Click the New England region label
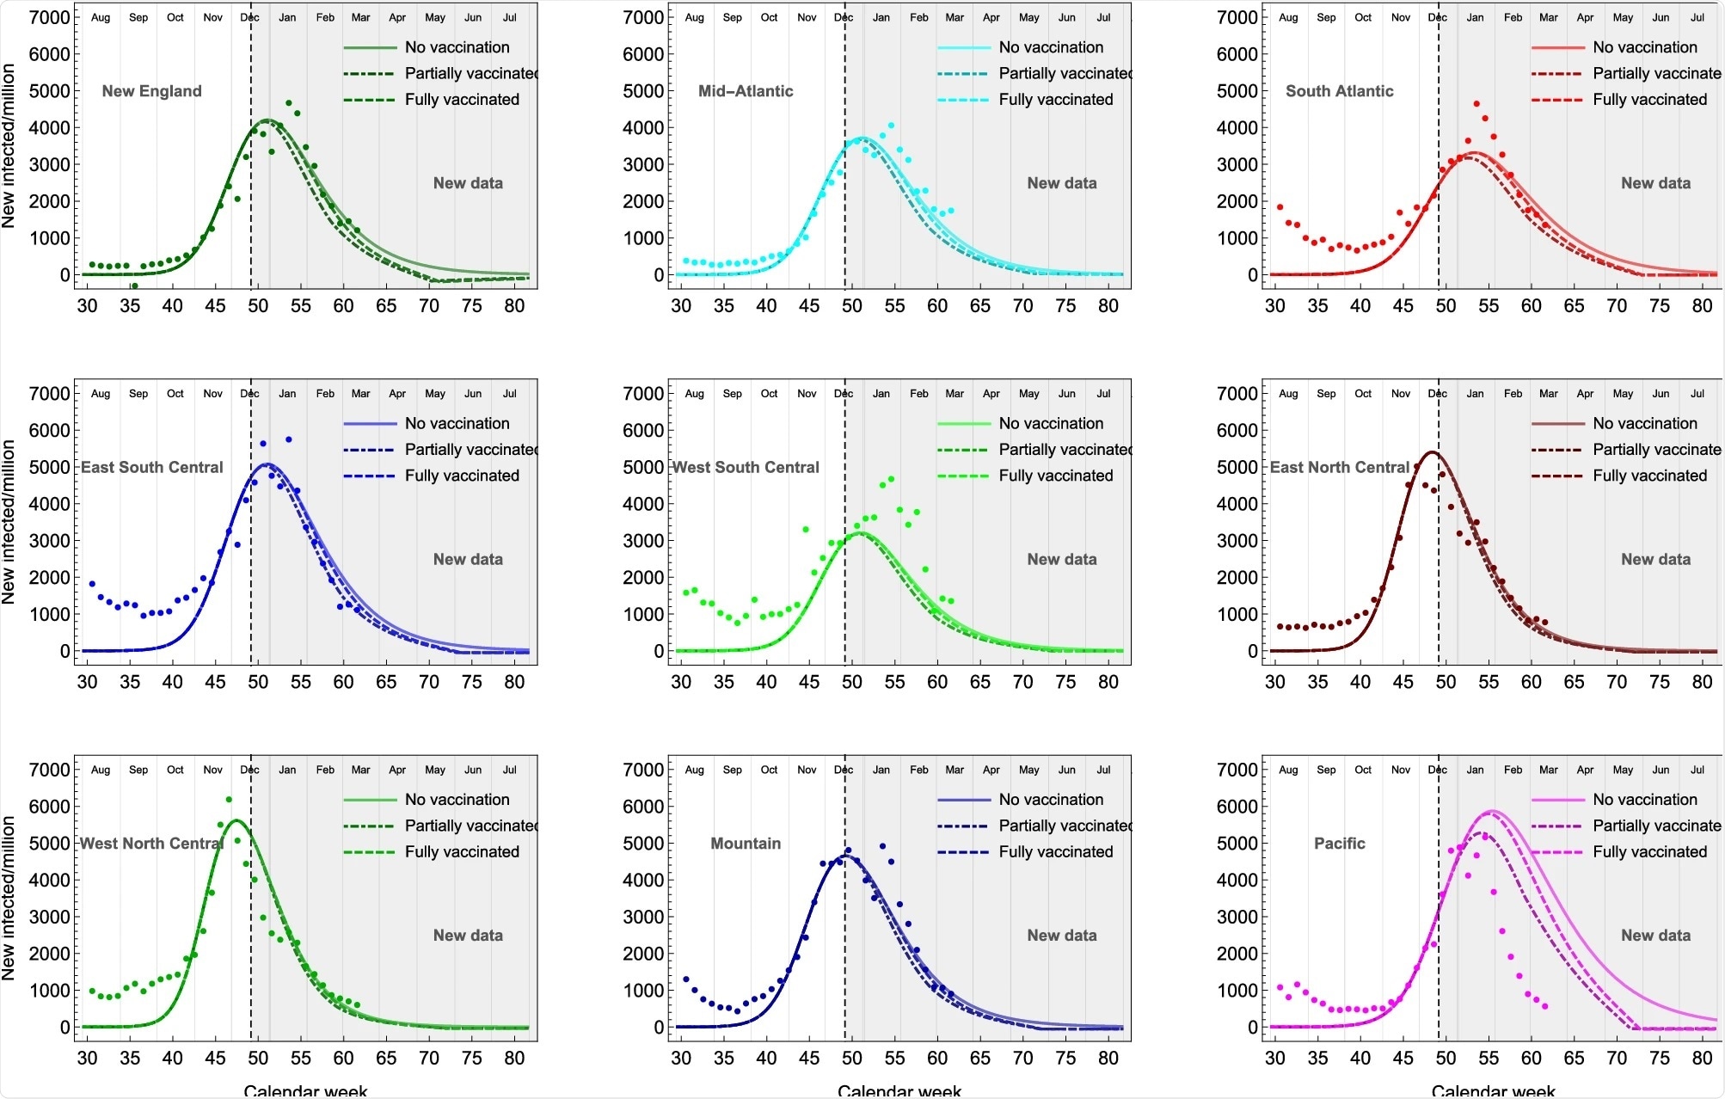click(x=151, y=91)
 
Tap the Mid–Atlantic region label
click(x=745, y=91)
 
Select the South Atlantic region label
click(x=1339, y=91)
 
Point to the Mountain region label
click(x=745, y=844)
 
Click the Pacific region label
click(x=1339, y=844)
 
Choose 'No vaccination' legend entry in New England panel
click(x=457, y=47)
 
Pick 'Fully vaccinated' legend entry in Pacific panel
click(x=1649, y=851)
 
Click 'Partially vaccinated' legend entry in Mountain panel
click(x=1065, y=826)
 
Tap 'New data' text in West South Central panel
click(x=1061, y=559)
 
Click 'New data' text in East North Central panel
click(x=1655, y=559)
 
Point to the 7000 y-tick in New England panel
click(x=49, y=17)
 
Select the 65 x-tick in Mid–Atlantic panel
click(x=979, y=306)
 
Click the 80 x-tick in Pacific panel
click(x=1702, y=1059)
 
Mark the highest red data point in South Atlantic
click(x=1476, y=104)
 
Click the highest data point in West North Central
click(x=229, y=800)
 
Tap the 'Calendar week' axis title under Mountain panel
click(x=899, y=1090)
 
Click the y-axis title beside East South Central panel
click(x=9, y=522)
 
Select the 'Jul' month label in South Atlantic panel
click(x=1697, y=17)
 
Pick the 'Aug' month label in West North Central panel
click(x=101, y=770)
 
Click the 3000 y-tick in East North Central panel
click(x=1237, y=541)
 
